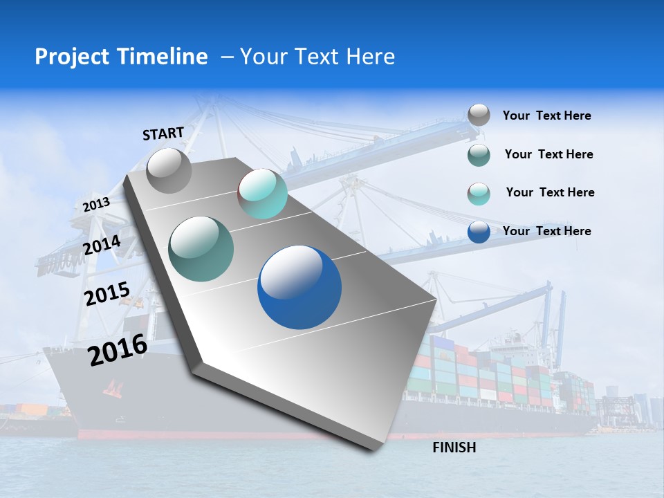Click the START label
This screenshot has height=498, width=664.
[x=163, y=133]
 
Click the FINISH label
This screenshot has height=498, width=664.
[x=454, y=448]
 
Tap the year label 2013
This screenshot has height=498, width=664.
[x=97, y=204]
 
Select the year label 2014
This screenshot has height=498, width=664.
[x=102, y=246]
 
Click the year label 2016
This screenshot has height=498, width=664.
[x=118, y=350]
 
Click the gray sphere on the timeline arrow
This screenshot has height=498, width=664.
[x=169, y=170]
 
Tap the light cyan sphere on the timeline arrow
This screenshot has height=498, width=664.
[x=262, y=194]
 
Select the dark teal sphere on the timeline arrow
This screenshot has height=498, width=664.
[x=201, y=249]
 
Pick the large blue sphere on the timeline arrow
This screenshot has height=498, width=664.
[x=299, y=287]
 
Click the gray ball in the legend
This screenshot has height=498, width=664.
[x=479, y=115]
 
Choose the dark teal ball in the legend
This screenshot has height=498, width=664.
[x=479, y=155]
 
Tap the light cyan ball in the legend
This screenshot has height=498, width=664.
[x=479, y=194]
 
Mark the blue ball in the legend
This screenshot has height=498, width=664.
[x=479, y=232]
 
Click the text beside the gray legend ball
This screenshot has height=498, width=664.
[x=546, y=116]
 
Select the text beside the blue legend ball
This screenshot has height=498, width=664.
[x=546, y=231]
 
